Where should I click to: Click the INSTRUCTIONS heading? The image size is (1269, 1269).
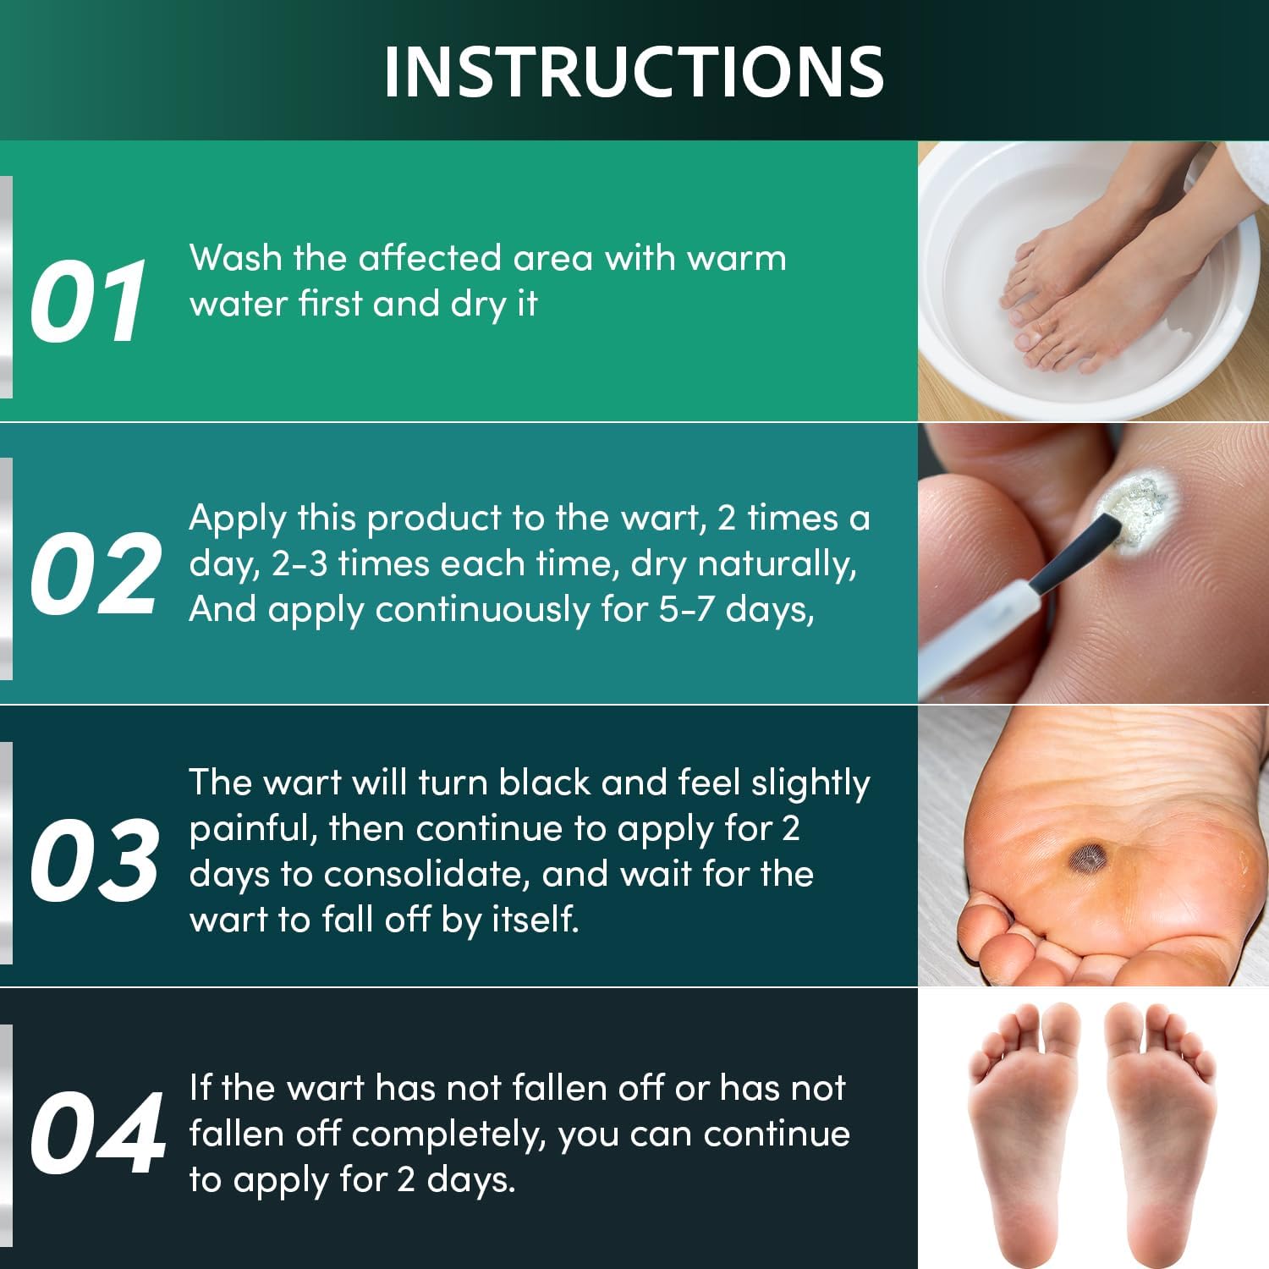click(x=634, y=71)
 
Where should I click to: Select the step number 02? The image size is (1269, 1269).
click(x=94, y=574)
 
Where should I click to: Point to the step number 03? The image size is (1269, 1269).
click(x=94, y=859)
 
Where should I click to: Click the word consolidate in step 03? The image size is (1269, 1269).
click(x=426, y=874)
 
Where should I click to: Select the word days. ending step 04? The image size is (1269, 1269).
click(x=470, y=1179)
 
